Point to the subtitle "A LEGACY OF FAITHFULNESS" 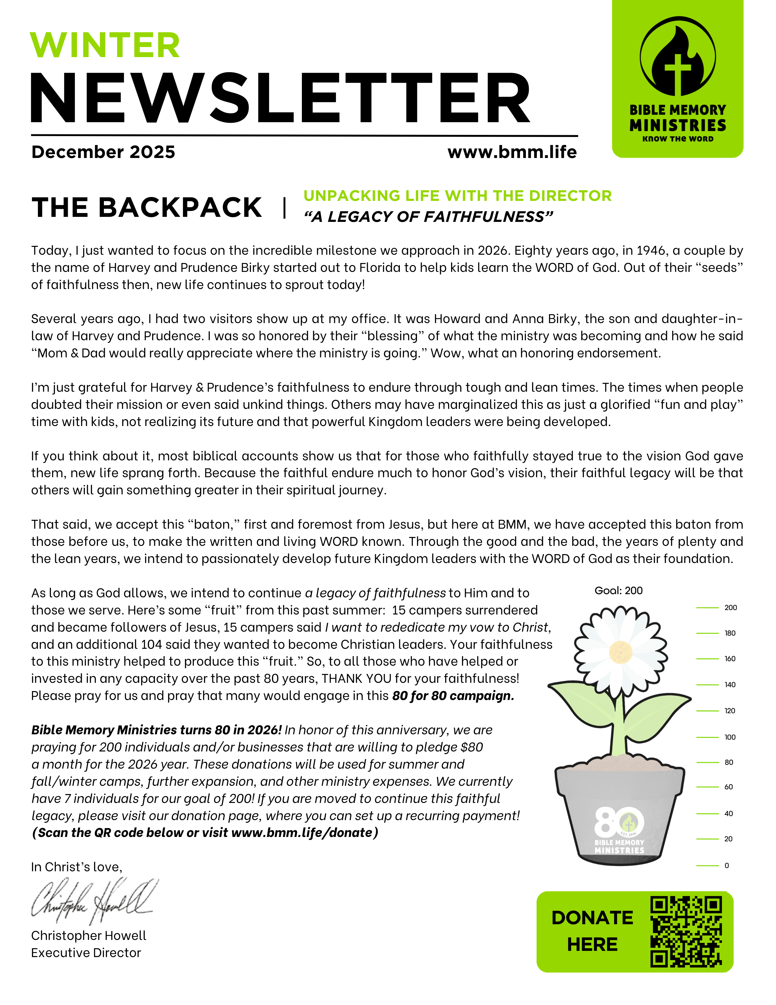(428, 217)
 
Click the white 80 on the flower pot (610, 821)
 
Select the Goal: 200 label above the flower (619, 591)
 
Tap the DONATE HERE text (592, 931)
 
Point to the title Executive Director (86, 953)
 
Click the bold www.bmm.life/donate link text (302, 833)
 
